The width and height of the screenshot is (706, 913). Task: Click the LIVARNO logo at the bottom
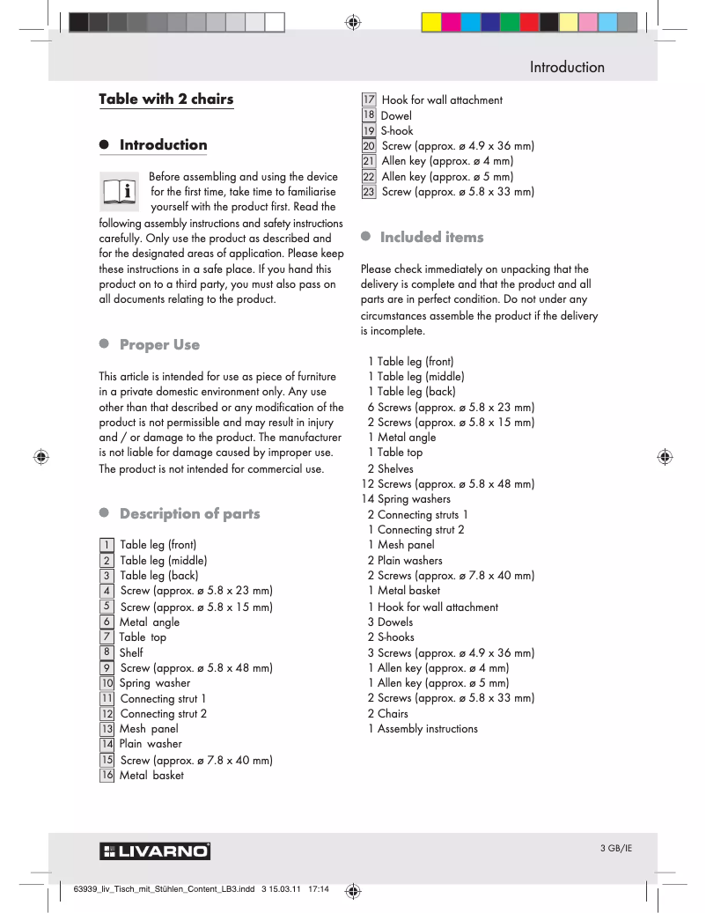pyautogui.click(x=155, y=851)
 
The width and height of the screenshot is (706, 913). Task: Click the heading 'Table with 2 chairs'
pyautogui.click(x=166, y=99)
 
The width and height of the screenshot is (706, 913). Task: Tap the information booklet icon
pyautogui.click(x=119, y=190)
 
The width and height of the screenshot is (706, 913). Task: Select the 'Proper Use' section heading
pyautogui.click(x=159, y=344)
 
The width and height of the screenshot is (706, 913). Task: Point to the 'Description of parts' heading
pyautogui.click(x=189, y=513)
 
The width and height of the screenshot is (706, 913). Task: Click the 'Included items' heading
pyautogui.click(x=431, y=237)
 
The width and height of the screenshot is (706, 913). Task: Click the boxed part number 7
pyautogui.click(x=107, y=637)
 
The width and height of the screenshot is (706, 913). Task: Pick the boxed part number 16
pyautogui.click(x=107, y=775)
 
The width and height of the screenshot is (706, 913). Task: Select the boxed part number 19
pyautogui.click(x=369, y=130)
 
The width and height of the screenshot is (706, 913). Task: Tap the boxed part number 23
pyautogui.click(x=369, y=191)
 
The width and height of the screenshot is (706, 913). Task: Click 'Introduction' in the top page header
pyautogui.click(x=567, y=67)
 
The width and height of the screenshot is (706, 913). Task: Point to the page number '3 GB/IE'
pyautogui.click(x=616, y=848)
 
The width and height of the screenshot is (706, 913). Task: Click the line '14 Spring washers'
pyautogui.click(x=406, y=499)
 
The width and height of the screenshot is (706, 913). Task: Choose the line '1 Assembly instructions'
pyautogui.click(x=423, y=728)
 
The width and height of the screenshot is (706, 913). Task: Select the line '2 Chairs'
pyautogui.click(x=387, y=713)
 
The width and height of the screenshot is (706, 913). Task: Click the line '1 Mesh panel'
pyautogui.click(x=401, y=545)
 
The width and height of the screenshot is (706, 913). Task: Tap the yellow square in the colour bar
pyautogui.click(x=432, y=22)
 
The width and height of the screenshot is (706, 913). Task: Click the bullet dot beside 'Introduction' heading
pyautogui.click(x=103, y=145)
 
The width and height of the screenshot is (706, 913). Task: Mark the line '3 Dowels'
pyautogui.click(x=390, y=622)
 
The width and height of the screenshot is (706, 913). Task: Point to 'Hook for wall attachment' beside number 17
pyautogui.click(x=442, y=100)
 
